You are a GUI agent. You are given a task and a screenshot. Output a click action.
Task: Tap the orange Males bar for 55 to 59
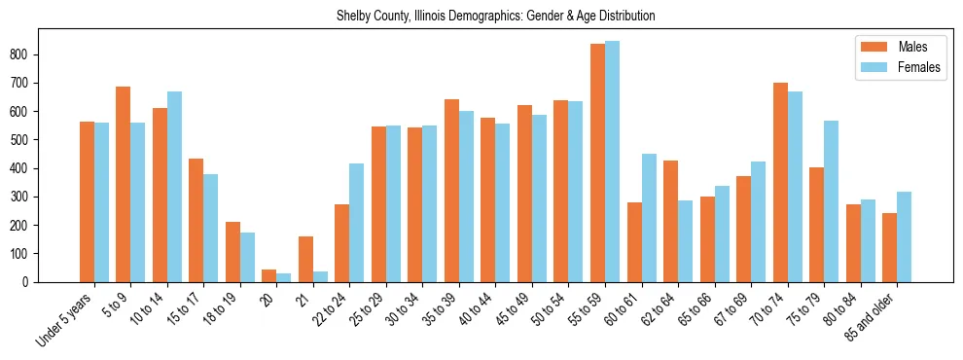tap(597, 162)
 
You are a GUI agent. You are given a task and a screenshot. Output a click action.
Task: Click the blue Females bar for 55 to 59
tap(612, 162)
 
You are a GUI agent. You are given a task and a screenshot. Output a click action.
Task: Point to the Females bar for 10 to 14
tap(174, 187)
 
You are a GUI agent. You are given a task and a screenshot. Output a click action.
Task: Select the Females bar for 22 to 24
tap(357, 223)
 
